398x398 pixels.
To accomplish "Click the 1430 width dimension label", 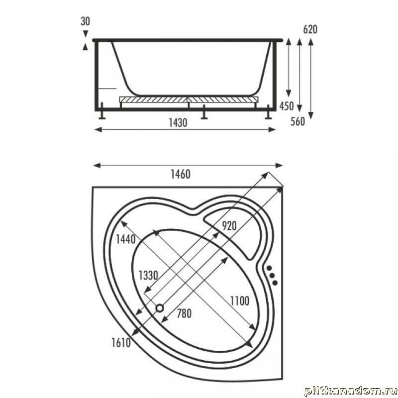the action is [178, 123].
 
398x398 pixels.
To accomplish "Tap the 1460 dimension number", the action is [181, 175].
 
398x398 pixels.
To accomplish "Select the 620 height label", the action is [310, 29].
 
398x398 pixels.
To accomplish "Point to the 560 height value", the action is [298, 121].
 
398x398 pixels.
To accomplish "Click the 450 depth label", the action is [287, 106].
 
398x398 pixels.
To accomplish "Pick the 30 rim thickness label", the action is [85, 21].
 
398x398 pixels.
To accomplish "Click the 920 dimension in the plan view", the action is [229, 226].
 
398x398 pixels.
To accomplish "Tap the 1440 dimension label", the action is [126, 239].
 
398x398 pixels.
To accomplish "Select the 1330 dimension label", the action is [148, 276].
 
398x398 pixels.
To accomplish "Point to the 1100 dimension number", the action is [240, 301].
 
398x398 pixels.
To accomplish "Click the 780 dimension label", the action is [184, 314].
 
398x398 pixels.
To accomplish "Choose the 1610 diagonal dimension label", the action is [121, 343].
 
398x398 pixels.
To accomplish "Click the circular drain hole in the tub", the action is [160, 308].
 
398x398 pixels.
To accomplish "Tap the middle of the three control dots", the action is [272, 275].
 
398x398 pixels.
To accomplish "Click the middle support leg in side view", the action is [204, 112].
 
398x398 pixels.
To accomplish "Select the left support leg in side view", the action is [102, 110].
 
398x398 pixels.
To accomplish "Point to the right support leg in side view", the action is [268, 112].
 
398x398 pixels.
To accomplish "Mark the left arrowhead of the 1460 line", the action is [97, 166].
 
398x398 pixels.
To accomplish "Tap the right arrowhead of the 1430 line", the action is [272, 130].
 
